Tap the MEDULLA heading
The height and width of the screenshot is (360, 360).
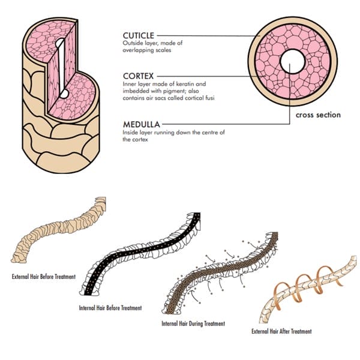click(142, 124)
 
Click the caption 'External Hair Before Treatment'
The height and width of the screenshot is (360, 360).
click(44, 277)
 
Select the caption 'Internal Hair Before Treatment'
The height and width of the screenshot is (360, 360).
click(110, 308)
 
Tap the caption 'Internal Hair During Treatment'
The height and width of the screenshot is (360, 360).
click(193, 323)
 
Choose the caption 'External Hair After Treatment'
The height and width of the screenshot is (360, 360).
click(281, 331)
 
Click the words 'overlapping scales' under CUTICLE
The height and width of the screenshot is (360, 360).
click(147, 51)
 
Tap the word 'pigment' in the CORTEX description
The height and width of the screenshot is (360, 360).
click(161, 91)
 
